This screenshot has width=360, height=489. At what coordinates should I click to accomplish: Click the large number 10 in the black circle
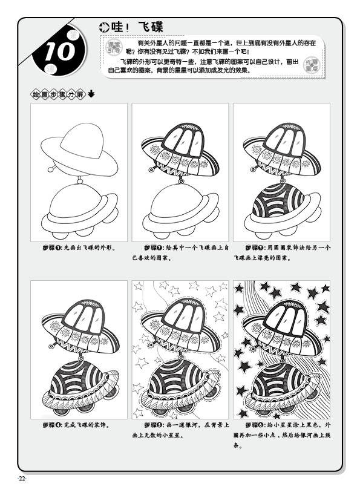[59, 52]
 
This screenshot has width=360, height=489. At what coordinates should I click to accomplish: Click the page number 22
[22, 479]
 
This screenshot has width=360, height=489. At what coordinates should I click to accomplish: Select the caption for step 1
[79, 248]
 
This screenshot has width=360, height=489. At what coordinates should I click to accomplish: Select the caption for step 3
[281, 252]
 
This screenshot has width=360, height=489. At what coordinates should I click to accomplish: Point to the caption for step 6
[281, 435]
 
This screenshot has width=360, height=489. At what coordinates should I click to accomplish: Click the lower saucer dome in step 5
[180, 376]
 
